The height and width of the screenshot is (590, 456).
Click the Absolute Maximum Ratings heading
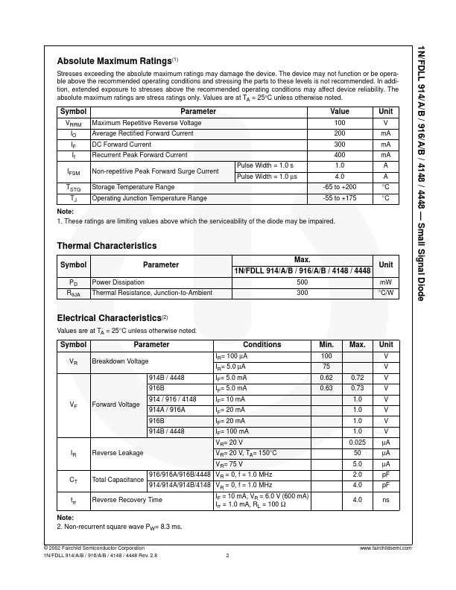115,61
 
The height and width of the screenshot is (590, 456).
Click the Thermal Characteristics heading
107,246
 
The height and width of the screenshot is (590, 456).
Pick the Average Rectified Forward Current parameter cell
139,133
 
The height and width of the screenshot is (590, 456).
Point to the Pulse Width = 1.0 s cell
265,165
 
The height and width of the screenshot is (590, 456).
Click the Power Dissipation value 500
303,283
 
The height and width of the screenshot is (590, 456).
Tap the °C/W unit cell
385,294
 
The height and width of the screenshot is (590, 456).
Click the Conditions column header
262,345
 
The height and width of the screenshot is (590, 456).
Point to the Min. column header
326,345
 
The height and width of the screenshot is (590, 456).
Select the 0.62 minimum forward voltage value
326,378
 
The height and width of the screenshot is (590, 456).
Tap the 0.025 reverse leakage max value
357,442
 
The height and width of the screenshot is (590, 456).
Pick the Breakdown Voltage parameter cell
120,361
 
